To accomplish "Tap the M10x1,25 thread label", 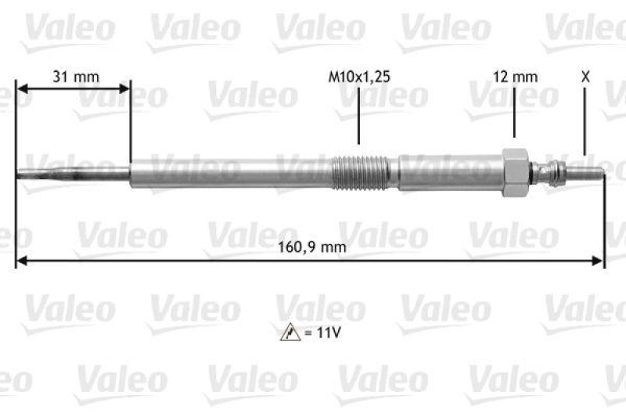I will coord(358,77).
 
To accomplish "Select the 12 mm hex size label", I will coord(515,77).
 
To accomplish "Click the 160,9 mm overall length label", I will coord(311,248).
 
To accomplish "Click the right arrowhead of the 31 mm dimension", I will coord(125,90).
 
